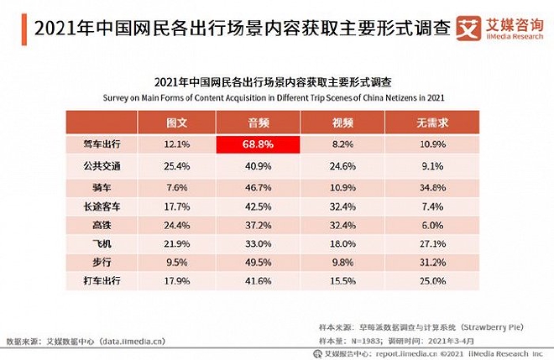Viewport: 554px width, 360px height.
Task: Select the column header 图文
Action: (x=178, y=124)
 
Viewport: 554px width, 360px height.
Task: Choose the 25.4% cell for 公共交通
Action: (x=178, y=165)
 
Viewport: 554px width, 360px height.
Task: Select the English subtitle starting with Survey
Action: (x=274, y=97)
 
